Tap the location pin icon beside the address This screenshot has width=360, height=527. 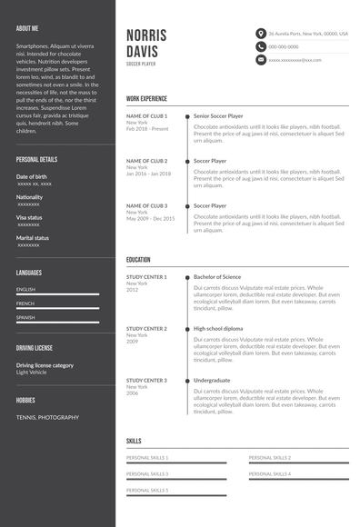coord(261,34)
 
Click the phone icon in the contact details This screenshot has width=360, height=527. coord(261,46)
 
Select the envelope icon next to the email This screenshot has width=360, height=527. coord(261,60)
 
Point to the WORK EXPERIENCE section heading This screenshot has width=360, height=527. coord(146,97)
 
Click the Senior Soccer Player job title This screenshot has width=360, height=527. coord(218,116)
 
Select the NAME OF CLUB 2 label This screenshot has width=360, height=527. coord(146,161)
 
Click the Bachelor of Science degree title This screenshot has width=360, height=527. coord(217,276)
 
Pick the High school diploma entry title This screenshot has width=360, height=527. coord(218,328)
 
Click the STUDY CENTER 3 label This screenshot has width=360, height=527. coord(146,380)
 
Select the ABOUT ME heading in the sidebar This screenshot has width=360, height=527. coord(27,28)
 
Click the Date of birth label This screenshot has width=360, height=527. coord(32,176)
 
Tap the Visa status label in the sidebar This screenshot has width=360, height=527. coord(29,217)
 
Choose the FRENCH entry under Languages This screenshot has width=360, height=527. coord(25,303)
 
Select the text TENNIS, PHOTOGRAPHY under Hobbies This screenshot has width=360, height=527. coord(47,417)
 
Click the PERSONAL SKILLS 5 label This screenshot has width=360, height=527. coord(147,490)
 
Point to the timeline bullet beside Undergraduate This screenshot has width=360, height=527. coord(187,381)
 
